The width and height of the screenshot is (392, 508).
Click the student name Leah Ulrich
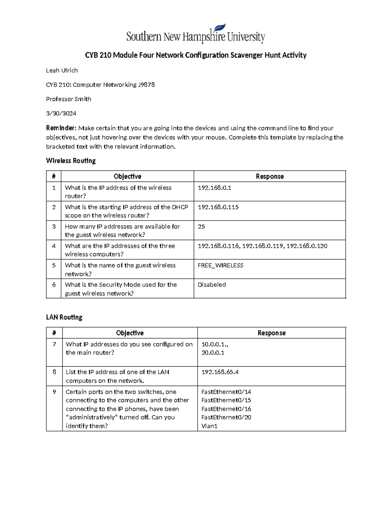[x=62, y=70]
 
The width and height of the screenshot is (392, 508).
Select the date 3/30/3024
[x=61, y=114]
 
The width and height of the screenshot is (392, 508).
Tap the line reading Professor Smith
[x=69, y=99]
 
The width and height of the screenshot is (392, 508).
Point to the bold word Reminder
[x=61, y=128]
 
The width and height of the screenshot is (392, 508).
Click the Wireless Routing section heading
[x=71, y=161]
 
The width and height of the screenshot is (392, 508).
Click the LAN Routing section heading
[x=64, y=317]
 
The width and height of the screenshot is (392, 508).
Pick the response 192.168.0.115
[x=218, y=207]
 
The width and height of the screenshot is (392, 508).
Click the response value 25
[x=201, y=226]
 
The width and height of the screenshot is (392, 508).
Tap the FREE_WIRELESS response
[x=220, y=265]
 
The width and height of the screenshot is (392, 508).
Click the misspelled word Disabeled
[x=212, y=285]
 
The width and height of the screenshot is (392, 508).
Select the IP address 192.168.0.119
[x=263, y=246]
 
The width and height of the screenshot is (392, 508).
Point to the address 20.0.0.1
[x=213, y=353]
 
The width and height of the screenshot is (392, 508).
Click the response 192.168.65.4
[x=220, y=372]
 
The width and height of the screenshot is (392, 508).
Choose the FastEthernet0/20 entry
[x=226, y=417]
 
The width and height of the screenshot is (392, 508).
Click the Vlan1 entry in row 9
[x=209, y=426]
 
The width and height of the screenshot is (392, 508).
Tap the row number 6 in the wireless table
[x=54, y=285]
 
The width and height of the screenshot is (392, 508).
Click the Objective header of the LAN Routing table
[x=130, y=333]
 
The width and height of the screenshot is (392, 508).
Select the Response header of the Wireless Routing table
[x=269, y=176]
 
